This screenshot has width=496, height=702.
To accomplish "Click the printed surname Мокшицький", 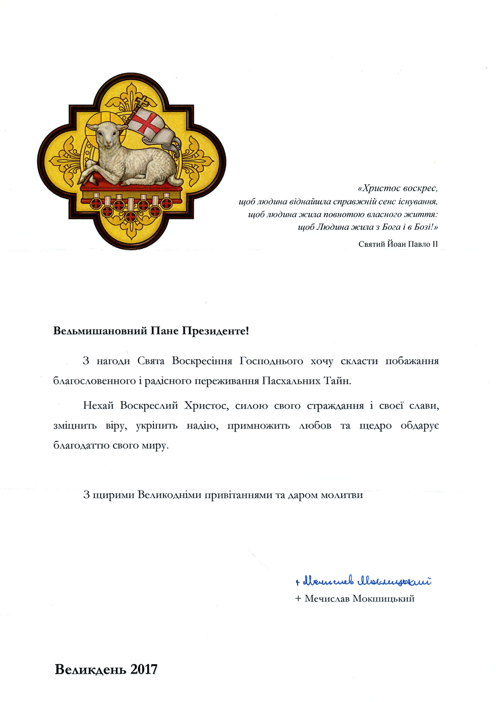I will (x=384, y=598).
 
